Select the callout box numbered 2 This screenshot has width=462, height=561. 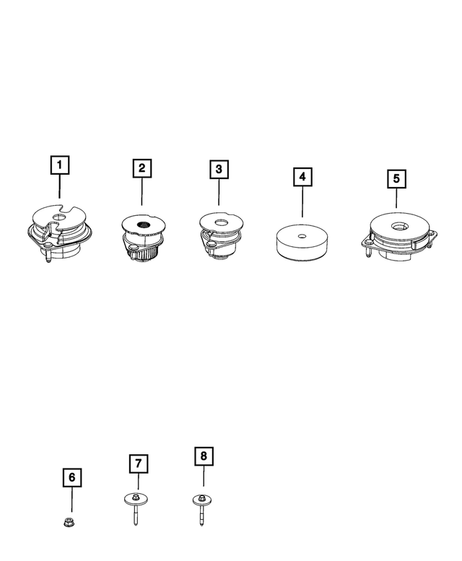(141, 168)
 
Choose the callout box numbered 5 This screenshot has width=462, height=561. (396, 178)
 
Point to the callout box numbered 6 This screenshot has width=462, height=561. (71, 477)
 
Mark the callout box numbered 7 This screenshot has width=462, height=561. (137, 463)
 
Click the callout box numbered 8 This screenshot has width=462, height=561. (204, 456)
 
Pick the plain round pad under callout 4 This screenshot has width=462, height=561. (302, 243)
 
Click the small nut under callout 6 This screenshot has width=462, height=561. (72, 520)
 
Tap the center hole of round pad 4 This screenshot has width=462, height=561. (301, 235)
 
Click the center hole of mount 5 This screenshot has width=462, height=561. (398, 227)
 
